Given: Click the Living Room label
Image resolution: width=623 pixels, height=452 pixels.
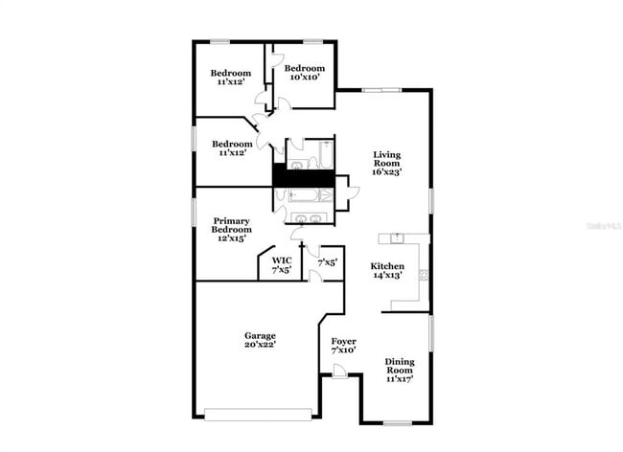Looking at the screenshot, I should click(x=386, y=159).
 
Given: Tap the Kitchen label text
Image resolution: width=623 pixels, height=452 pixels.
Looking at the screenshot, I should click(x=387, y=265).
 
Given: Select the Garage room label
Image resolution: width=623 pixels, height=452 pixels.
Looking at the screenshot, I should click(x=260, y=335).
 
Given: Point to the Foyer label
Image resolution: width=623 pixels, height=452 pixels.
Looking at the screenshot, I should click(x=343, y=341).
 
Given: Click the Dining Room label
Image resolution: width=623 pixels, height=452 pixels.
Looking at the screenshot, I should click(x=400, y=365).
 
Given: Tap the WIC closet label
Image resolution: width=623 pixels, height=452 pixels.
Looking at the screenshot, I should click(x=281, y=260).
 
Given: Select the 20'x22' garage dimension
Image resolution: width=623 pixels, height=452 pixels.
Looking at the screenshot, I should click(x=260, y=345).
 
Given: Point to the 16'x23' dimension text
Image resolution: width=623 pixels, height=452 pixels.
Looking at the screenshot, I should click(x=386, y=172).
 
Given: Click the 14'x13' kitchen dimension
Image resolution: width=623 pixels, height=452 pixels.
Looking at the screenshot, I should click(x=387, y=275).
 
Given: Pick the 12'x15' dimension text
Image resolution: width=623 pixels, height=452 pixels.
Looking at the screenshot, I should click(x=232, y=238).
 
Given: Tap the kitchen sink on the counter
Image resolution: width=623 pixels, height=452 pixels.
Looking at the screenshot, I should click(x=395, y=237).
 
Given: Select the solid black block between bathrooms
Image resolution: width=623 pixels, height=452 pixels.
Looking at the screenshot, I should click(x=303, y=176).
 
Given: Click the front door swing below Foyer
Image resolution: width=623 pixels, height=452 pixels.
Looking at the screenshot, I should click(x=339, y=377).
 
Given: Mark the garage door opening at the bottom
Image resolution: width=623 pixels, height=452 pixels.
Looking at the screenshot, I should click(x=259, y=415).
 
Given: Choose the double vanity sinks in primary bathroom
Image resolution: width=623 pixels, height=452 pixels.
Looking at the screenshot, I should click(x=308, y=220).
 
